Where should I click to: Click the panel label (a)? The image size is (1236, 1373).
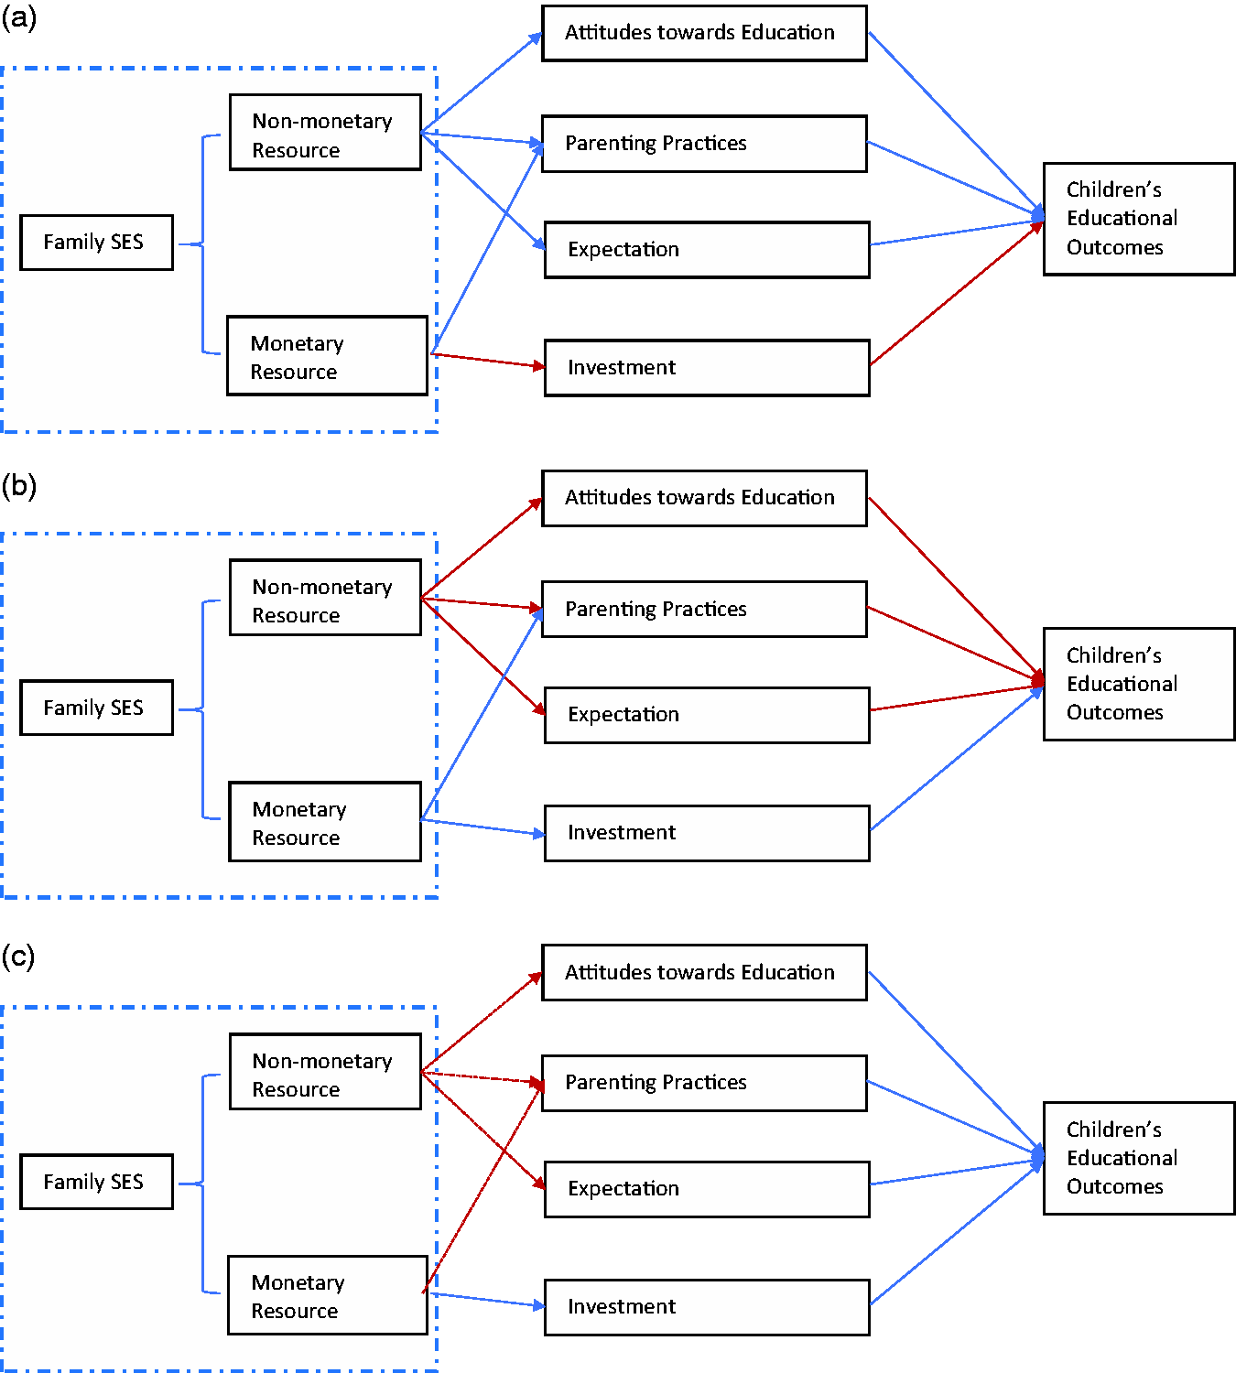pos(19,17)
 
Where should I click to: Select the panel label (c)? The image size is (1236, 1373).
pos(18,956)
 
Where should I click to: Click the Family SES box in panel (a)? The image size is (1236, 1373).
pos(96,243)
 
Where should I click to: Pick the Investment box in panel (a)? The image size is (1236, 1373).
pos(707,368)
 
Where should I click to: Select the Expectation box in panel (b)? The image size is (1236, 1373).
pos(707,715)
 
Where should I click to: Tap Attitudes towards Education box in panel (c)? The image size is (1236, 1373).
pos(704,973)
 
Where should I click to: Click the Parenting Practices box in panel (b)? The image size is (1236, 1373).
pos(704,610)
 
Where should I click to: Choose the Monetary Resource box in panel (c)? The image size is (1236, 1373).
pos(328,1295)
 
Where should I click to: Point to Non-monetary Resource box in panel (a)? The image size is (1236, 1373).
pos(325,132)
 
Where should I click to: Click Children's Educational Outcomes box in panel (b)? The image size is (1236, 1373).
pos(1139,684)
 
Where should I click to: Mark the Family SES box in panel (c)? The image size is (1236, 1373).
pos(96,1182)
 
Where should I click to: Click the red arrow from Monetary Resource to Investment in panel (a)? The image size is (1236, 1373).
pos(488,361)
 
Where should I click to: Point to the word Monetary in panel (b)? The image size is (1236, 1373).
pos(299,809)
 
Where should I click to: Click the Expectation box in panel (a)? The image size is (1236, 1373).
pos(707,250)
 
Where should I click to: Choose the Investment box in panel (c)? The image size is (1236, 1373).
pos(707,1307)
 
